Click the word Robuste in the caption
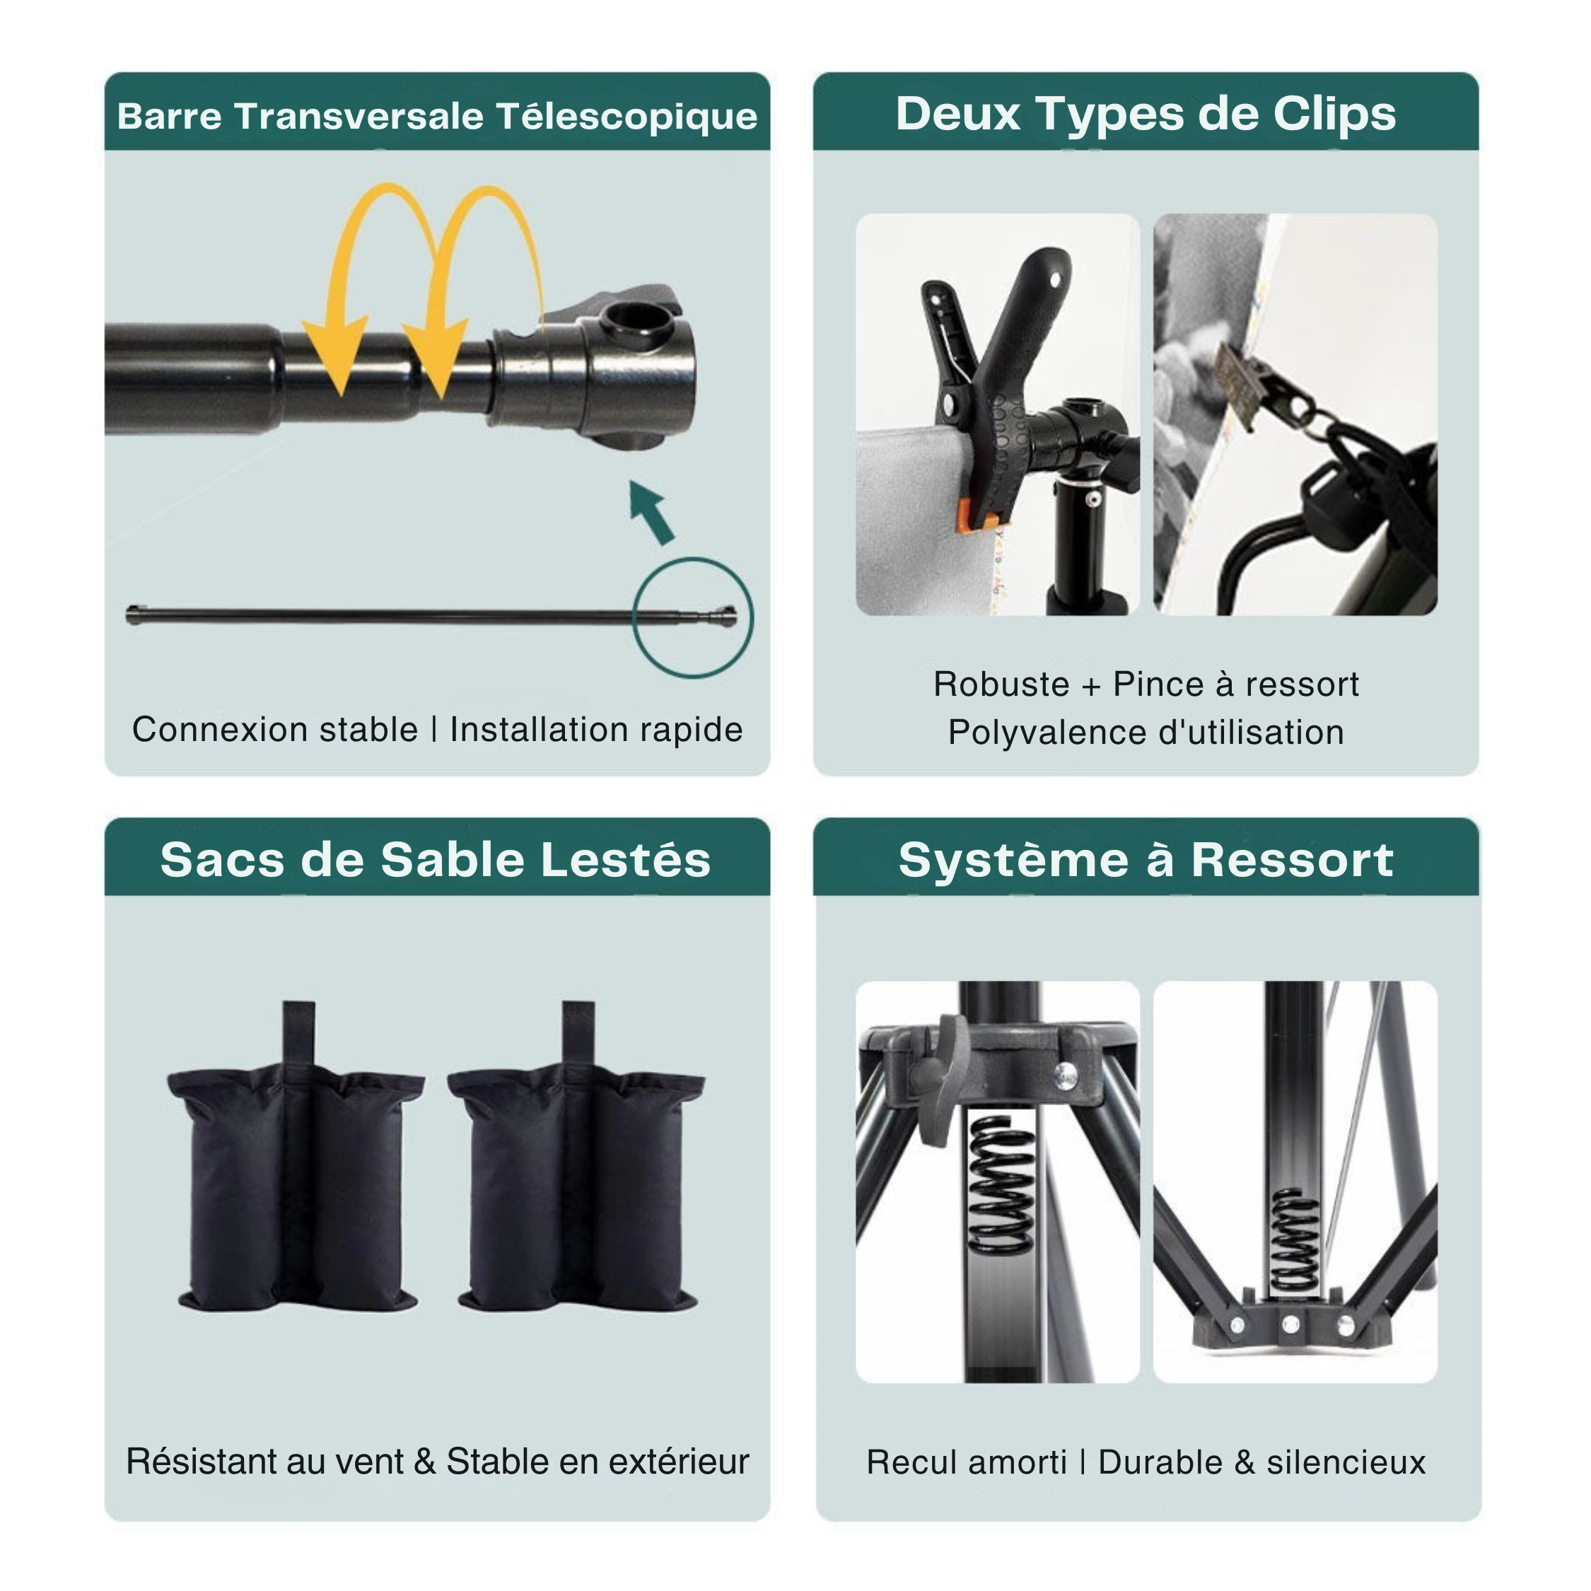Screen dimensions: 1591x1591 [x=1001, y=684]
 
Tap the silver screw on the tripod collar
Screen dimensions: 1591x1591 [x=1066, y=1073]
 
